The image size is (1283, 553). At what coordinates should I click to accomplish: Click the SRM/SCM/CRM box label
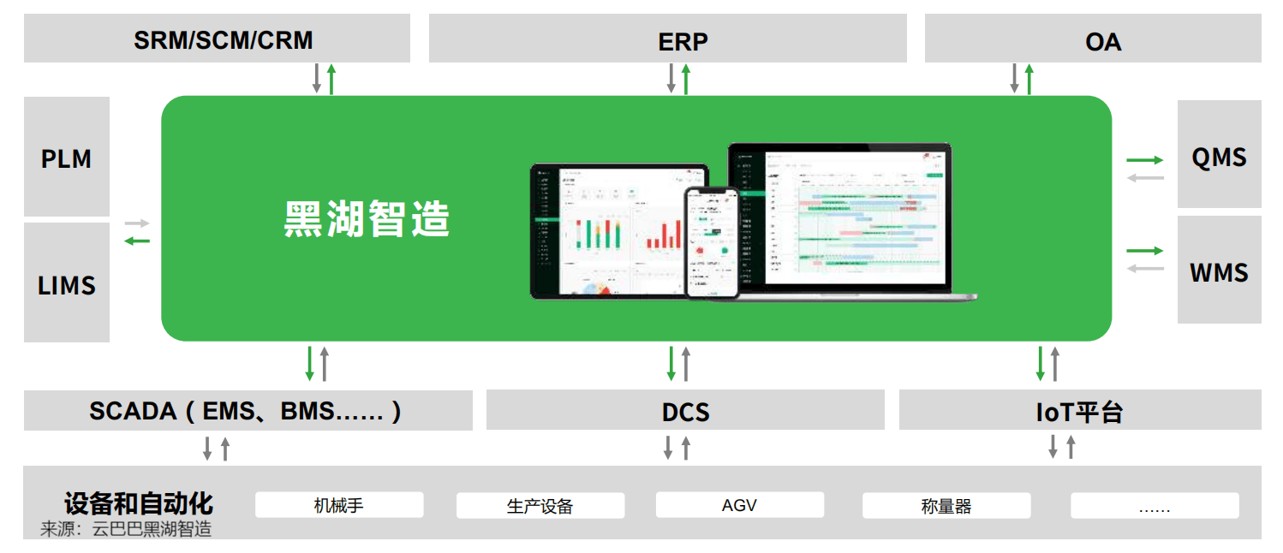[x=223, y=40]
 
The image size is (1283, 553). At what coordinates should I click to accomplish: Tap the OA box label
[x=1102, y=42]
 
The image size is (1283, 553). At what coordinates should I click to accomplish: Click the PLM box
[x=66, y=158]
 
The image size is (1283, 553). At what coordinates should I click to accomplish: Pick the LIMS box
[x=66, y=285]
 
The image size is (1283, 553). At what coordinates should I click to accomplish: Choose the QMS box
[x=1219, y=157]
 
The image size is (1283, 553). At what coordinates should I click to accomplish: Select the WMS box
[x=1219, y=273]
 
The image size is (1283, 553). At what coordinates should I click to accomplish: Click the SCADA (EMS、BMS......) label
[x=246, y=411]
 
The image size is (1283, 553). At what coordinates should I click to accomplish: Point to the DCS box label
[x=685, y=412]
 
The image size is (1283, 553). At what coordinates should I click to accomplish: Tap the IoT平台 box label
[x=1079, y=412]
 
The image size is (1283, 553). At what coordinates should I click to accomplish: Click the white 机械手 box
[x=339, y=505]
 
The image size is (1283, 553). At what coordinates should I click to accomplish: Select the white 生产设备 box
[x=540, y=506]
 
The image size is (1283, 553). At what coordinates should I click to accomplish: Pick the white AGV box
[x=739, y=505]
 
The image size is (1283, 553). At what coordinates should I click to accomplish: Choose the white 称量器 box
[x=946, y=506]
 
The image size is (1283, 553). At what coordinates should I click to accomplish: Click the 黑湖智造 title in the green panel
[x=367, y=218]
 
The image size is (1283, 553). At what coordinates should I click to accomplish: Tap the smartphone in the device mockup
[x=711, y=242]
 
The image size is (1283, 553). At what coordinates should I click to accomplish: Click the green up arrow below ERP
[x=686, y=79]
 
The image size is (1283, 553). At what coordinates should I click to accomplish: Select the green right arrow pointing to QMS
[x=1144, y=160]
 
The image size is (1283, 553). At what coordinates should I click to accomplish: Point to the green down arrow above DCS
[x=671, y=363]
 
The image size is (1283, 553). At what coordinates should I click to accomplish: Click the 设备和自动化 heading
[x=139, y=502]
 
